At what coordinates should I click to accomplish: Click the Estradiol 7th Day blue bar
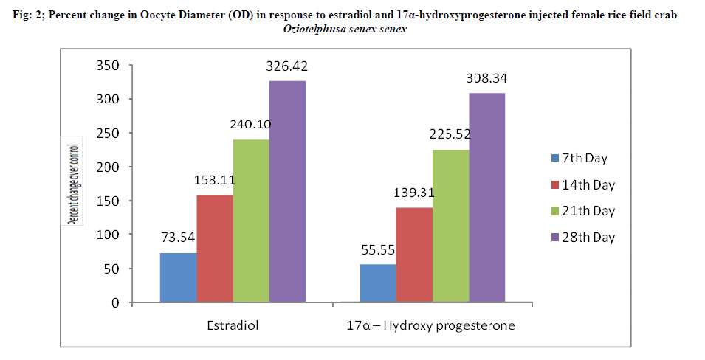(x=178, y=277)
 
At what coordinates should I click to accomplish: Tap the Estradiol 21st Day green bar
(x=251, y=221)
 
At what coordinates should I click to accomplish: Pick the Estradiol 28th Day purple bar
(x=287, y=191)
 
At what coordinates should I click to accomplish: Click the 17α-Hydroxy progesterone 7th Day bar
(x=378, y=283)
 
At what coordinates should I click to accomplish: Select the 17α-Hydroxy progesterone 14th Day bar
(x=414, y=255)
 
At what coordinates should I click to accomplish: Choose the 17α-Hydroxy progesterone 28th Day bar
(x=487, y=198)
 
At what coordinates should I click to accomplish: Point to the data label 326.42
(x=287, y=66)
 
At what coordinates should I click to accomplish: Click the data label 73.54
(x=178, y=238)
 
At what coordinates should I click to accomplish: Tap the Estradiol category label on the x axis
(x=233, y=325)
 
